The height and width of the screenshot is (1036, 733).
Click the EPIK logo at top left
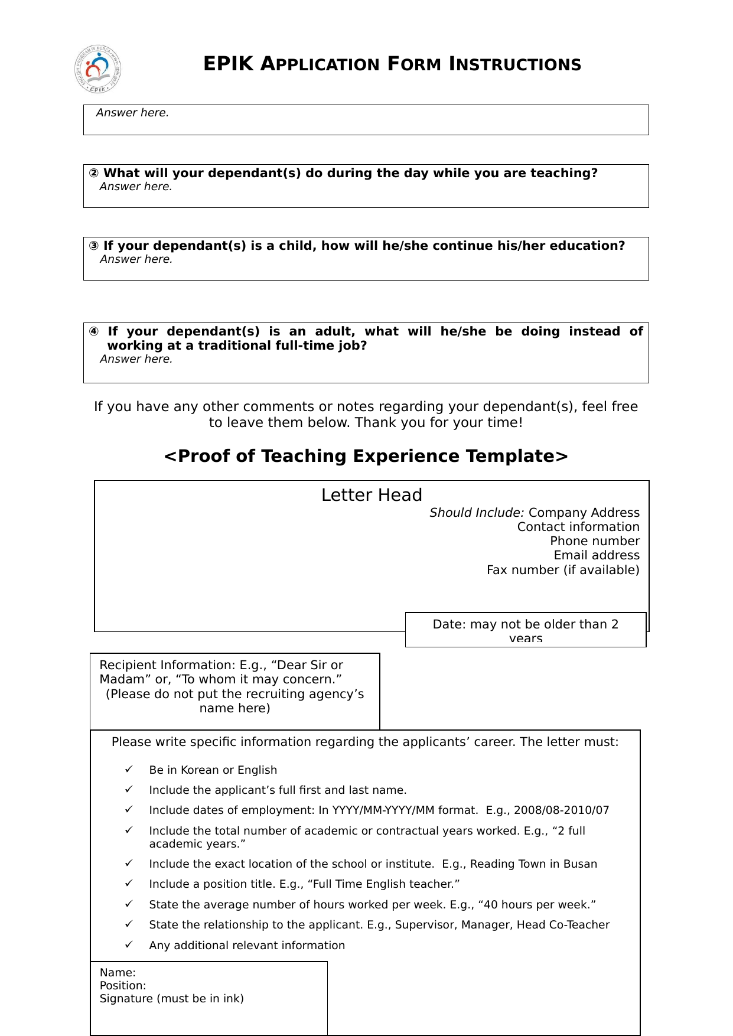click(98, 69)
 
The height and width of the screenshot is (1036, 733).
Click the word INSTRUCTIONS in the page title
click(515, 64)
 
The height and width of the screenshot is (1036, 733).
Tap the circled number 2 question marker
click(94, 174)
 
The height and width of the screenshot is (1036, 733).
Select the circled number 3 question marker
click(94, 246)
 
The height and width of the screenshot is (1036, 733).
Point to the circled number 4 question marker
click(94, 332)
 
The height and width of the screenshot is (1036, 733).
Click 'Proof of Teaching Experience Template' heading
click(366, 457)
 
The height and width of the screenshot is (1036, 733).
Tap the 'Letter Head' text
click(372, 495)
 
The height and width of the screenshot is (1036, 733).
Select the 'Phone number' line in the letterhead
click(594, 541)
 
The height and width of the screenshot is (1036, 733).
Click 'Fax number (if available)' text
click(562, 570)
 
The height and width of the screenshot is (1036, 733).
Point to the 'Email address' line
click(596, 555)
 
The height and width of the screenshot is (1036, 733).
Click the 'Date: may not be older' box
click(525, 630)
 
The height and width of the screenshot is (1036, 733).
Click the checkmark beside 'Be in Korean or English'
click(129, 770)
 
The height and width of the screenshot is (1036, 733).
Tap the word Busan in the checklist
click(580, 864)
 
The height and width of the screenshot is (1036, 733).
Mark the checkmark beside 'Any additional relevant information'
click(129, 945)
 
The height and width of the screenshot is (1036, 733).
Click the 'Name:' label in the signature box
click(118, 973)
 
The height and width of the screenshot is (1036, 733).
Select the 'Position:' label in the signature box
click(123, 986)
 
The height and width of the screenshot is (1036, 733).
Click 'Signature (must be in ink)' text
click(171, 999)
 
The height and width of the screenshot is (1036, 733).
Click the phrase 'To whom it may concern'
click(260, 680)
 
